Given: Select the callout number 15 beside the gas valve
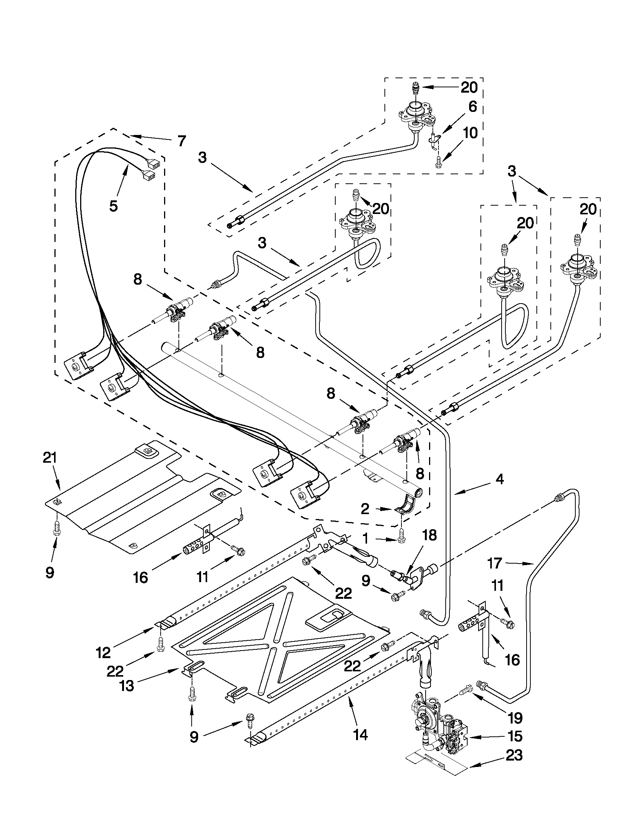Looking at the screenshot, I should coord(514,736).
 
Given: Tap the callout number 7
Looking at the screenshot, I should coord(182,141).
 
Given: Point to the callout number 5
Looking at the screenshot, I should coord(113,206).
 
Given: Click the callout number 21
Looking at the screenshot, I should coord(50,457).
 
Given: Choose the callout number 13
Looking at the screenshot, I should coord(127,686).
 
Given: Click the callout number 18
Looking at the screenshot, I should coord(429,535).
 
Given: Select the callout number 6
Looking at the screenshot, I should coord(473,107).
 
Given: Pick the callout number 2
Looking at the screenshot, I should coord(365,509).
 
